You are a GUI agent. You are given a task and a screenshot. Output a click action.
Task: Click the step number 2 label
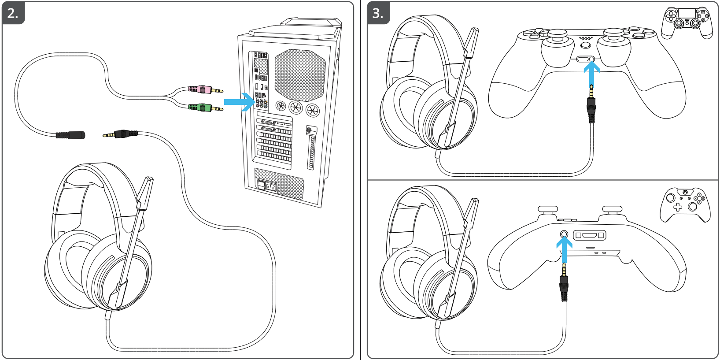point(13,13)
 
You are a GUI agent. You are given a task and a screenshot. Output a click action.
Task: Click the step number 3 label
point(378,13)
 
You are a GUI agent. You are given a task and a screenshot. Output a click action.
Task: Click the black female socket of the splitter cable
point(70,135)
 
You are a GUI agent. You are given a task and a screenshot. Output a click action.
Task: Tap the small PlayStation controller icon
point(687,22)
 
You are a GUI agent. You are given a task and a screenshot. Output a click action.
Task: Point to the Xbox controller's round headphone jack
point(564,234)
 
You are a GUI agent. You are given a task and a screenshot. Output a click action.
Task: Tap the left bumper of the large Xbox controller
point(547,209)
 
